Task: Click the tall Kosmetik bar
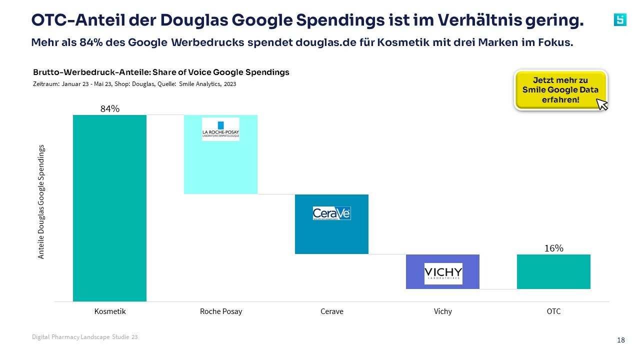point(109,208)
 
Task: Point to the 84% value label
point(109,108)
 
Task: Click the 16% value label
point(553,248)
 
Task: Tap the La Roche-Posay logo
point(220,129)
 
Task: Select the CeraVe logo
point(331,213)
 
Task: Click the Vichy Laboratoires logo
point(443,273)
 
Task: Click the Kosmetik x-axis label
point(110,311)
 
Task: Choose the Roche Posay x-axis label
point(220,311)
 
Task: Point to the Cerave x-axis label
point(331,311)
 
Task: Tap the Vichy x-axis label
point(443,311)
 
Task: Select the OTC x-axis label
point(553,311)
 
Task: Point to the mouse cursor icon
point(602,104)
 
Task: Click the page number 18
point(621,340)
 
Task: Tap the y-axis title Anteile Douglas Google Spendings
point(41,201)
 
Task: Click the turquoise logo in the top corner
point(620,19)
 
